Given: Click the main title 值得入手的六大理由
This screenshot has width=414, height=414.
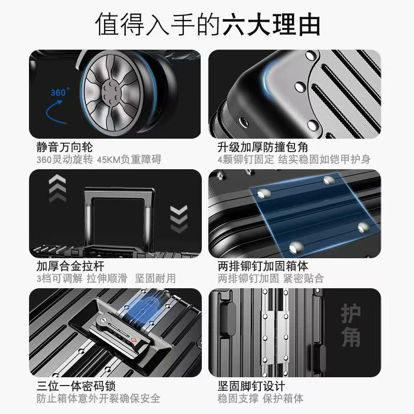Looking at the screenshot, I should click(207, 24).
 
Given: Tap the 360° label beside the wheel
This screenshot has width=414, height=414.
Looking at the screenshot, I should click(60, 92).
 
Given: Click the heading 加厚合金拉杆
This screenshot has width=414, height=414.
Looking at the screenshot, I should click(70, 266).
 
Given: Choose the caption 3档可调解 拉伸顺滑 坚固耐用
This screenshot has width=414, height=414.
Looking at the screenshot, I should click(106, 278).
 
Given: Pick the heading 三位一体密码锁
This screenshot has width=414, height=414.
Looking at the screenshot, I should click(76, 386).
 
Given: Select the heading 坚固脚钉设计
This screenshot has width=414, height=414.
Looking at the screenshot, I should click(252, 386).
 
